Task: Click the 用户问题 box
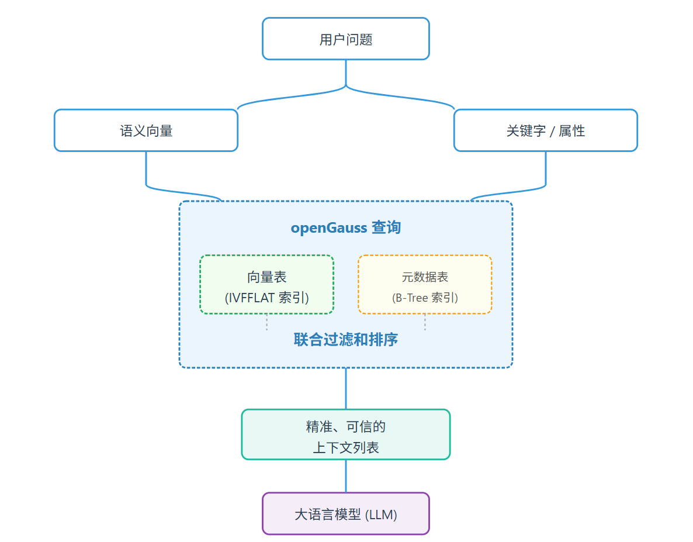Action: (x=346, y=39)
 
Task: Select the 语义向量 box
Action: (x=146, y=130)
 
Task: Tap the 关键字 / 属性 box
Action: (x=545, y=130)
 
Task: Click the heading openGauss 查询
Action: (x=346, y=227)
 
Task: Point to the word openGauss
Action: (x=329, y=227)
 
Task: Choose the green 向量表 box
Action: (x=267, y=285)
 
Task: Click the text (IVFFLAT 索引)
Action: (x=267, y=298)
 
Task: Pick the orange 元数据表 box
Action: (x=425, y=285)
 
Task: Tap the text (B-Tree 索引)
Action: (x=425, y=298)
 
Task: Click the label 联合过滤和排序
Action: (x=346, y=340)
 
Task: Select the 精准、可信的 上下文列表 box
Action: (x=346, y=434)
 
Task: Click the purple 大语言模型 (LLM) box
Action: (x=346, y=514)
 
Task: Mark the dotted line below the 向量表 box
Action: (x=267, y=323)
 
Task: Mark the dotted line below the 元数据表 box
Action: (x=425, y=323)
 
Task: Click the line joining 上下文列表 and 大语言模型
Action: (x=346, y=476)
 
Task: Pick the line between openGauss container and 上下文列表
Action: (x=346, y=388)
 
